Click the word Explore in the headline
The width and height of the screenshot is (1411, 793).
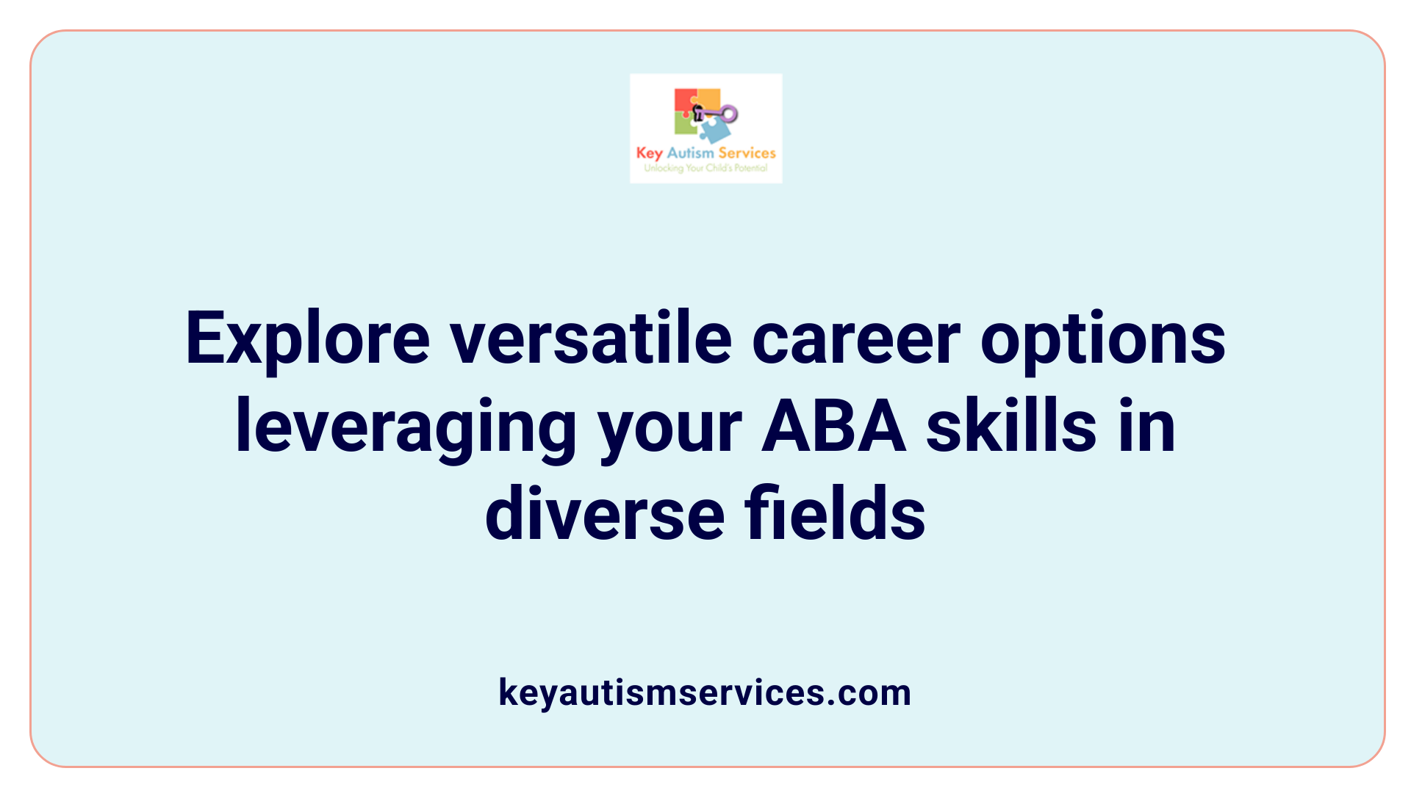(x=307, y=339)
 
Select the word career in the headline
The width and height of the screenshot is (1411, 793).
(x=855, y=339)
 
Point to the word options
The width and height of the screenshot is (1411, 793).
(x=1102, y=339)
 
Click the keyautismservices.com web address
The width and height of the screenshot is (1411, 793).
(x=705, y=692)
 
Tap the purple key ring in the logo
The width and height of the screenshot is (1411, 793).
(x=728, y=114)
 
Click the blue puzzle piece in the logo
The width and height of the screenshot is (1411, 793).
(x=714, y=131)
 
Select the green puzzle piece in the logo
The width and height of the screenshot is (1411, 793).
(x=685, y=125)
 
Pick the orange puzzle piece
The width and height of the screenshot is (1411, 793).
(x=708, y=98)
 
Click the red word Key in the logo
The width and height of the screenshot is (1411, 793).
(x=649, y=153)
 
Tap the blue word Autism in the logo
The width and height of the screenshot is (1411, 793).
(x=690, y=153)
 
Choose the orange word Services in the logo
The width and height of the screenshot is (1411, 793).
(x=747, y=153)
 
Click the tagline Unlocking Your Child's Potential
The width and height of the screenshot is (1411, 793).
(x=705, y=168)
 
